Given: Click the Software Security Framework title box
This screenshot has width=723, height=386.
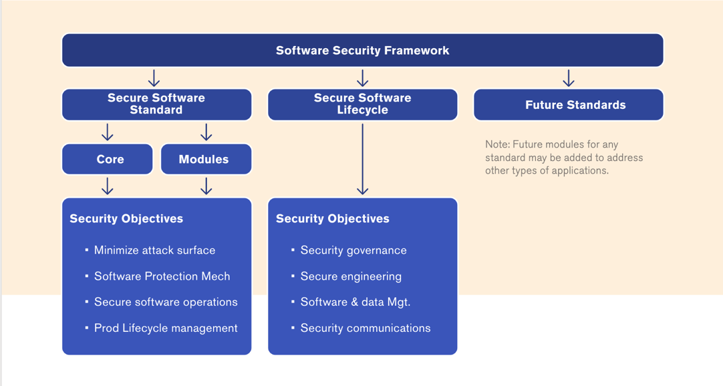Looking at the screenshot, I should [x=362, y=51].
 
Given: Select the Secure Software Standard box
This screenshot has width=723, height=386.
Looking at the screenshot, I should [x=156, y=104].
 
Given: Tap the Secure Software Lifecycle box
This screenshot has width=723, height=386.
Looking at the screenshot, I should [x=362, y=104].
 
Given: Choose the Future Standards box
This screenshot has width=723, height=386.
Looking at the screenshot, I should [x=569, y=105].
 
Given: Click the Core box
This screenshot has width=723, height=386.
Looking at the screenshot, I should [x=108, y=159].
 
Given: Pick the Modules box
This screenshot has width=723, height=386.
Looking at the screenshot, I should [x=206, y=159].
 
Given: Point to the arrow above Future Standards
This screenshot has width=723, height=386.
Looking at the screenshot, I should [x=569, y=78].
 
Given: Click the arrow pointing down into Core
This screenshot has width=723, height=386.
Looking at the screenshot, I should [x=108, y=132].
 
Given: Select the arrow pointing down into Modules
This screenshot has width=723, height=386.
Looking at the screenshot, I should [x=206, y=132].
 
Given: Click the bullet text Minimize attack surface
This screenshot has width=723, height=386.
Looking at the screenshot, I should [x=154, y=250].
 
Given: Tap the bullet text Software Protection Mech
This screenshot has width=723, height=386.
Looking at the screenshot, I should [x=162, y=276].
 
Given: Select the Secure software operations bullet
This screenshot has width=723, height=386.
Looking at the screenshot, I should [x=166, y=302].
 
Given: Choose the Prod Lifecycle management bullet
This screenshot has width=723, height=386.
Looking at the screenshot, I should [x=166, y=328].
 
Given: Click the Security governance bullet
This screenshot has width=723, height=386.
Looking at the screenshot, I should [x=353, y=250].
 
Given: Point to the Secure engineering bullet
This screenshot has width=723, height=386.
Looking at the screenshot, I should [x=351, y=276].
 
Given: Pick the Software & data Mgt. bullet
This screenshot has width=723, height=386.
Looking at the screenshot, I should [x=355, y=302].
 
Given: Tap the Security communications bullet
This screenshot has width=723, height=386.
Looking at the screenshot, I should [x=366, y=328].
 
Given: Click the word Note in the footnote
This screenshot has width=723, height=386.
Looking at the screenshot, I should [x=496, y=144].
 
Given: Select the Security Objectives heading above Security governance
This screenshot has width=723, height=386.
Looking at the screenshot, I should [x=333, y=219].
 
